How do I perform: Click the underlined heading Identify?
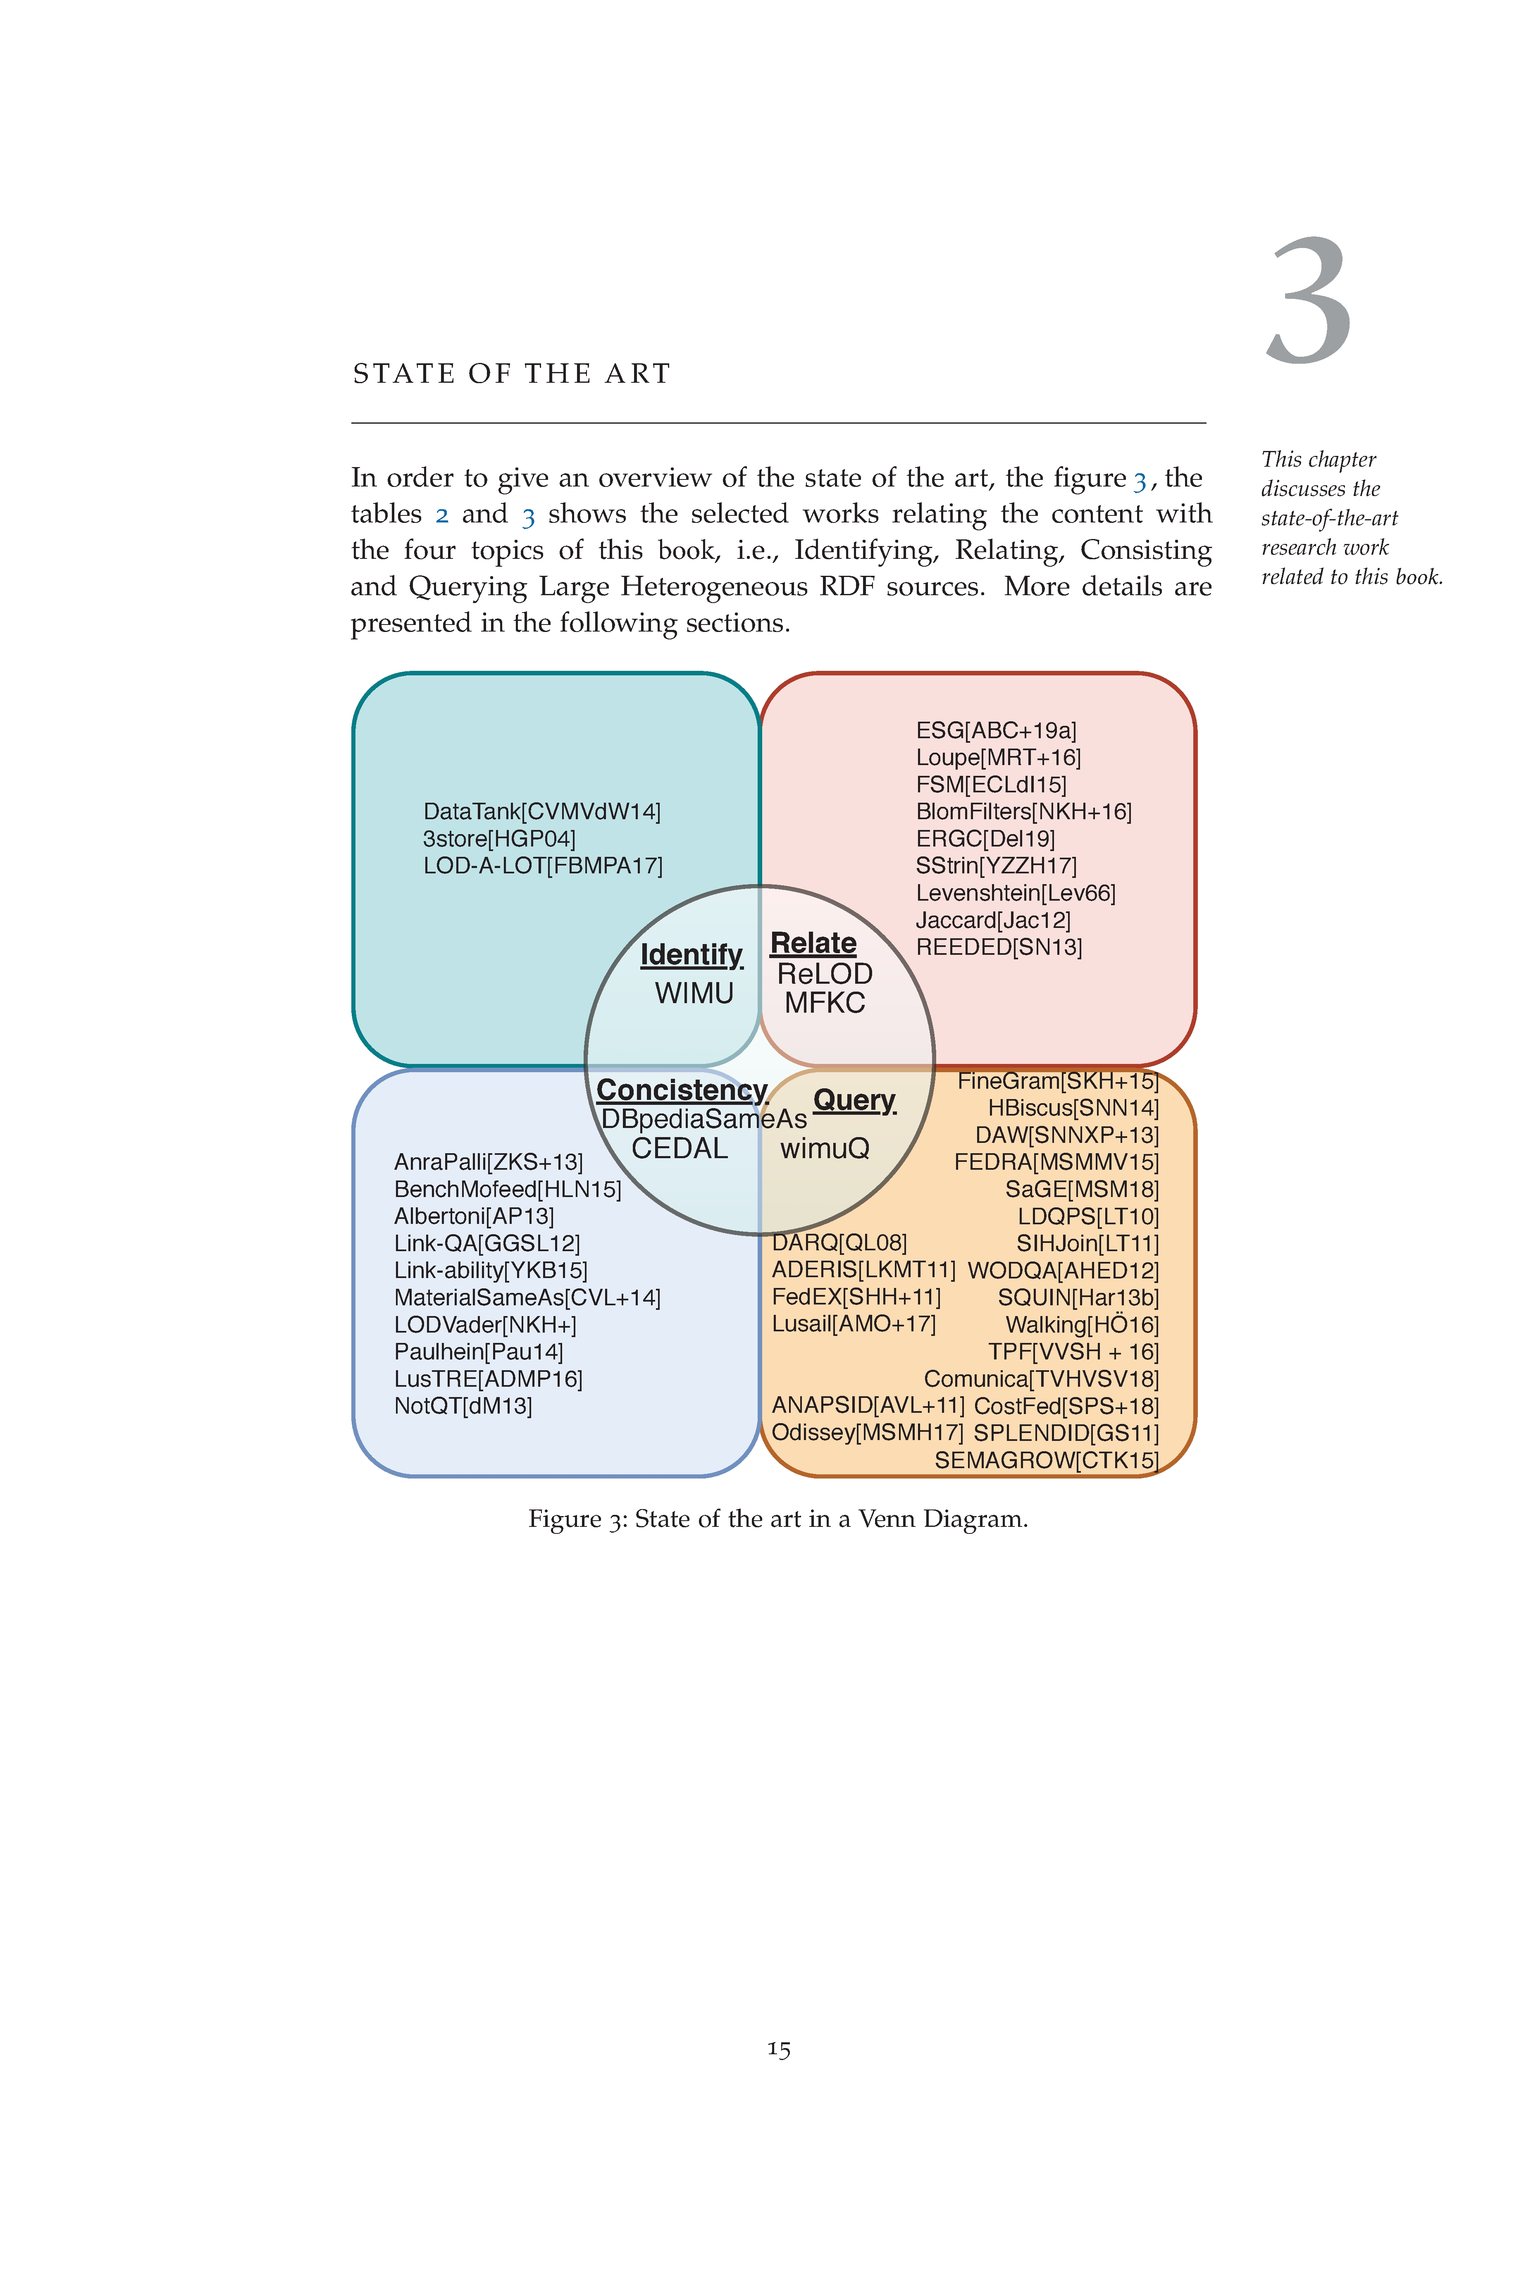(691, 955)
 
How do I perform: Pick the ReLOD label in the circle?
(825, 973)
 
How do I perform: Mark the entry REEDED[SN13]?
(999, 947)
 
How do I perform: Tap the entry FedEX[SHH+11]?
(856, 1297)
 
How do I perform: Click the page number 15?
(779, 2049)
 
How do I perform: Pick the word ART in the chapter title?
(637, 374)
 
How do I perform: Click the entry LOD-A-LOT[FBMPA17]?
(542, 866)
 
